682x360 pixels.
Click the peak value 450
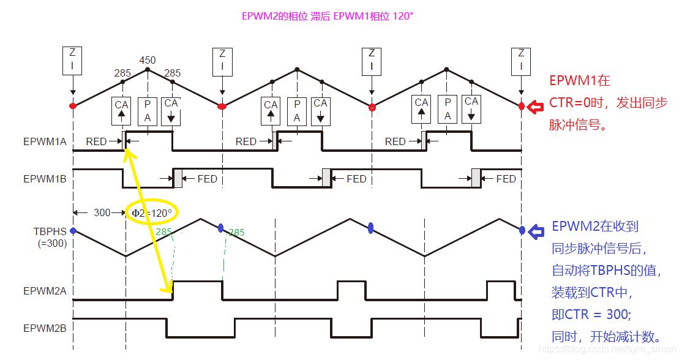point(148,61)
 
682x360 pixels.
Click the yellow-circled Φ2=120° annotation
point(152,212)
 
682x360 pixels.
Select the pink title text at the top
point(328,17)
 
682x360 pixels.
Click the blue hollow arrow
point(536,231)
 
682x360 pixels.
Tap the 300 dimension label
point(102,212)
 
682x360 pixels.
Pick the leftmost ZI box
point(73,58)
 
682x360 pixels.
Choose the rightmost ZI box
point(522,58)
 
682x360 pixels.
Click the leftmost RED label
point(96,142)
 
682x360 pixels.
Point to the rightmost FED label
point(506,179)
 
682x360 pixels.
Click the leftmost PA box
point(148,110)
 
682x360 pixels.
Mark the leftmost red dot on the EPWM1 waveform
point(73,106)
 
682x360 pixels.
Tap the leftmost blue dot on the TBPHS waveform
point(73,231)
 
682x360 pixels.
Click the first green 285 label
point(164,232)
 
